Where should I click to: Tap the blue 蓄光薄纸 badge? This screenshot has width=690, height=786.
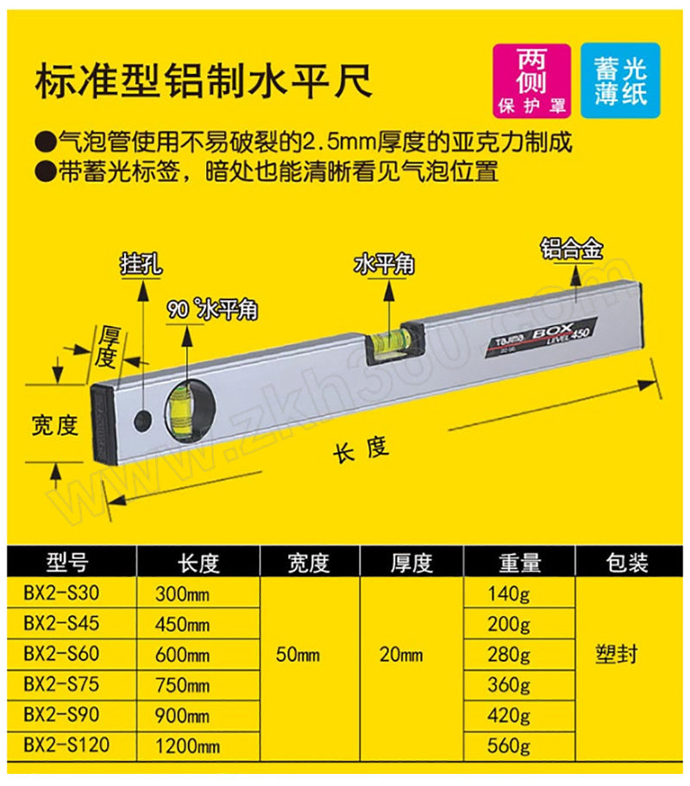pos(620,80)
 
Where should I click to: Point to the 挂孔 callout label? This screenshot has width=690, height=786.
pos(141,266)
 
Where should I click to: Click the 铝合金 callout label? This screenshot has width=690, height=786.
pos(572,248)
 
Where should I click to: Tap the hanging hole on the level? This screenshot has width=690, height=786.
pos(144,420)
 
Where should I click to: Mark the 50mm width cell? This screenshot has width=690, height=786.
pos(298,655)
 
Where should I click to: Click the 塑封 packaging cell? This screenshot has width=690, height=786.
pos(617,654)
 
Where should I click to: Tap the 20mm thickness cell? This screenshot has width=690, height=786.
pos(401,655)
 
